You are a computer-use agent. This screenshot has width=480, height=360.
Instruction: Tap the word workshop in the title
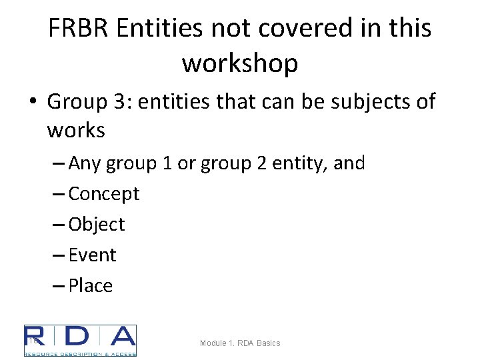(240, 63)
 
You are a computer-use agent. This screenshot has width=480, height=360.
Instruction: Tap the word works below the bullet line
(76, 130)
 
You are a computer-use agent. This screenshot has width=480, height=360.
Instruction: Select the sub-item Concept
(104, 193)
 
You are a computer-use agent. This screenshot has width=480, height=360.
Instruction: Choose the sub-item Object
(97, 224)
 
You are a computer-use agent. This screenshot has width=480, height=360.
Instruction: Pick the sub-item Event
(93, 255)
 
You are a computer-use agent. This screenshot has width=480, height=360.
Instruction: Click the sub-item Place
(91, 285)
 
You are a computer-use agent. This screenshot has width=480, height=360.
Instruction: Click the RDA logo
(80, 341)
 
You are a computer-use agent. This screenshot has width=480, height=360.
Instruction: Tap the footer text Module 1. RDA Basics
(240, 343)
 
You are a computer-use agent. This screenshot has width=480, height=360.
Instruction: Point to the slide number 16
(32, 341)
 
